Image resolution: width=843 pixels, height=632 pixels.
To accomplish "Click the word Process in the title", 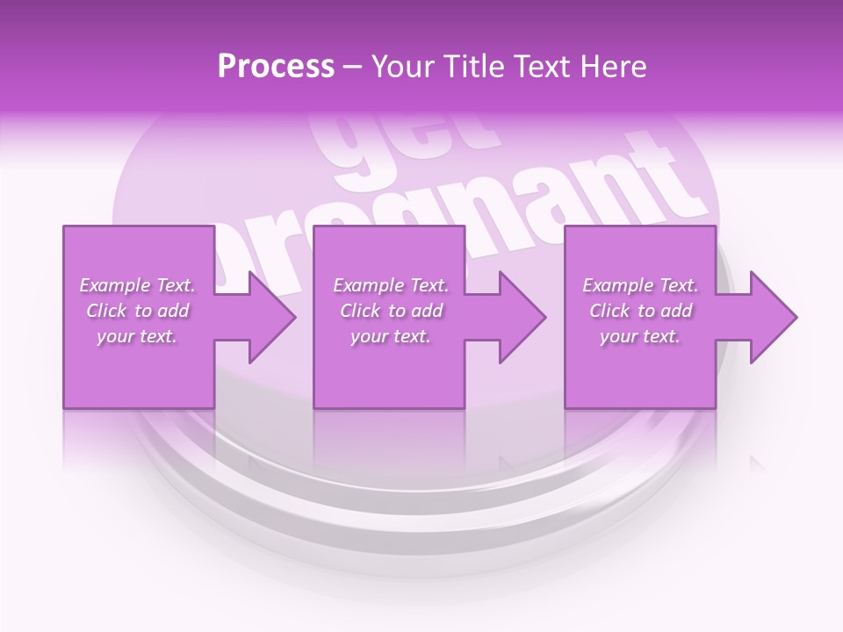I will (x=276, y=67).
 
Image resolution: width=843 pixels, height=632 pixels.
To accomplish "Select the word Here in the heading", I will (x=613, y=67).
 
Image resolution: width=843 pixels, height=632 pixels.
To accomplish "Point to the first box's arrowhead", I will (x=268, y=318).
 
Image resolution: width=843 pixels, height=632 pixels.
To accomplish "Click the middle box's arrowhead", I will (x=519, y=318).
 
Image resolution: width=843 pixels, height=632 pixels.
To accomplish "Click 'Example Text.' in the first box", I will (x=137, y=285).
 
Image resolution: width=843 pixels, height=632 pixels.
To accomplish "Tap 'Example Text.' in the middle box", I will (x=391, y=285).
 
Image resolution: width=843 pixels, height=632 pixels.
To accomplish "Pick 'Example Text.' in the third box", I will (x=640, y=285).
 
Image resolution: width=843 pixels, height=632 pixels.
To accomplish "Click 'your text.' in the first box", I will (x=137, y=336).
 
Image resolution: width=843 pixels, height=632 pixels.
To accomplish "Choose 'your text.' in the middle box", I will (x=391, y=336).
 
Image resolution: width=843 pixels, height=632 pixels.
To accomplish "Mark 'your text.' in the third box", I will (x=640, y=336).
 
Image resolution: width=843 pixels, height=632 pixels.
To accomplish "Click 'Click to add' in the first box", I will (x=137, y=311).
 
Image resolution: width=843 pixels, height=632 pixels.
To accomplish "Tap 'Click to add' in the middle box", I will (x=391, y=311).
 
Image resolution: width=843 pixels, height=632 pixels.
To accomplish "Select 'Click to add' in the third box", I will (x=640, y=311).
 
